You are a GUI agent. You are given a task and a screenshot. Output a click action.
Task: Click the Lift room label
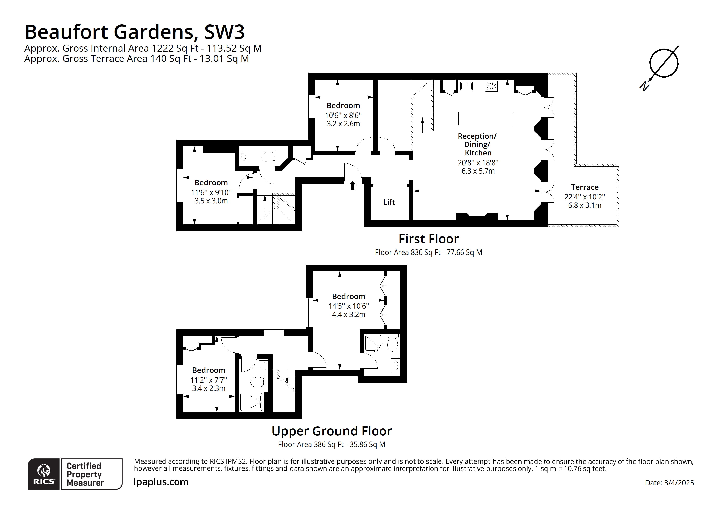point(389,202)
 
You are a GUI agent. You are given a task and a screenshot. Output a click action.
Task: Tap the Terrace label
point(585,187)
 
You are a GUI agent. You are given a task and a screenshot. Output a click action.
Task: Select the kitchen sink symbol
point(466,86)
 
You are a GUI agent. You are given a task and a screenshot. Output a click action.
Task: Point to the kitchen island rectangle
point(486,119)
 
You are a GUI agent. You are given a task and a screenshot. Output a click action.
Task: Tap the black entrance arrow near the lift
point(353,185)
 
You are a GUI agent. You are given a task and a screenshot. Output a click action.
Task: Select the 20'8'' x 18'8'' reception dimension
point(478,163)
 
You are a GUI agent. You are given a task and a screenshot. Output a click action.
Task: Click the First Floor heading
point(428,239)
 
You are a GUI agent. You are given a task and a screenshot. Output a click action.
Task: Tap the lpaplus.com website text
point(161,482)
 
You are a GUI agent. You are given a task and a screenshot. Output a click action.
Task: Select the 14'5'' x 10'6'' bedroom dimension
point(349,306)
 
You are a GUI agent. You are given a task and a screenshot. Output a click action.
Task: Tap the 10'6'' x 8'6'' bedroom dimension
point(343,115)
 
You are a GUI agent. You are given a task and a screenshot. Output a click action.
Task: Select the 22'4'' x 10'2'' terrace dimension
point(585,197)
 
